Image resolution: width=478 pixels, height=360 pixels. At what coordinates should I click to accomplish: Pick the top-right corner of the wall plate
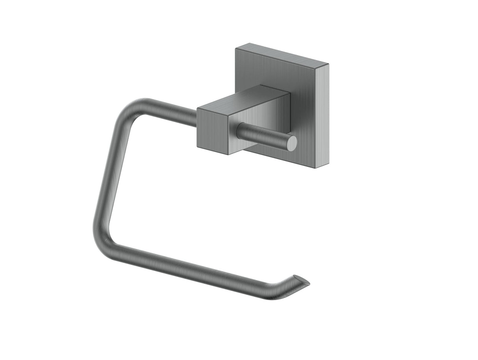click(328, 63)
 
